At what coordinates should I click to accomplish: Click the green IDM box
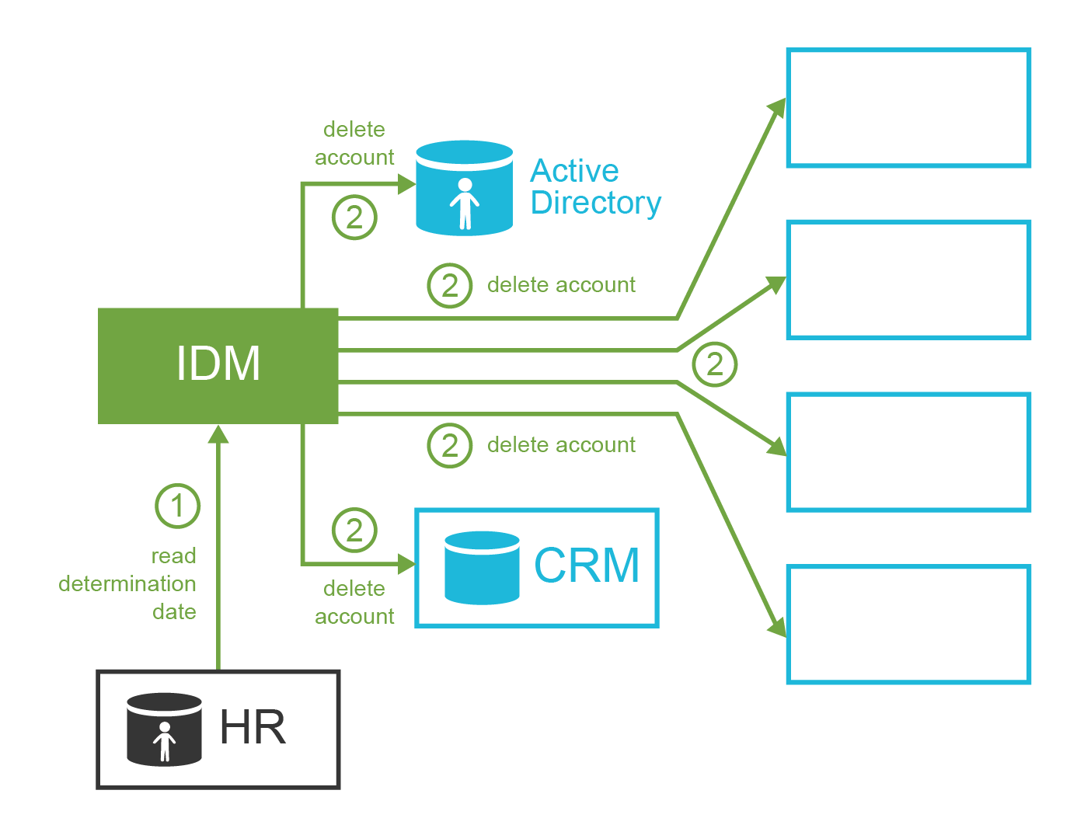point(218,365)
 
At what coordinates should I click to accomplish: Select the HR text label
point(253,728)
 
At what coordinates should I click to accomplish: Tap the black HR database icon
point(164,729)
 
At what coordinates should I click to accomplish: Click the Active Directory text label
point(594,186)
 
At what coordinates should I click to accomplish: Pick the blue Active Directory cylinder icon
point(464,188)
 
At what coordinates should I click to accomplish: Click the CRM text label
point(587,566)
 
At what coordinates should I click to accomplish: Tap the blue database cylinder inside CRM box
point(482,568)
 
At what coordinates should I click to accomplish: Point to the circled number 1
point(177,506)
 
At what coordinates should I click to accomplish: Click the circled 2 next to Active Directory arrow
point(354,218)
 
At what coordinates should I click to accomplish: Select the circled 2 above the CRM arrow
point(354,531)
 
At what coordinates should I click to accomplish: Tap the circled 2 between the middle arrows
point(714,364)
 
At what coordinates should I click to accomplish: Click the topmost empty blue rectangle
point(908,108)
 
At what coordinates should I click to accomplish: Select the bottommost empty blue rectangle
point(908,625)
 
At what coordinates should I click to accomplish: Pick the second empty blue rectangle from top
point(908,280)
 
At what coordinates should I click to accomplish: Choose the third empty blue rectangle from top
point(908,452)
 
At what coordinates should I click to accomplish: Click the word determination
point(127,584)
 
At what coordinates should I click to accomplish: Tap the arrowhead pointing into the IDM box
point(218,434)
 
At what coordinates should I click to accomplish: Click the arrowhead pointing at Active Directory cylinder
point(406,184)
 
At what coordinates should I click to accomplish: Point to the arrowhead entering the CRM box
point(406,564)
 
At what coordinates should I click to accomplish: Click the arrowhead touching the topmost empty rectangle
point(777,108)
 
